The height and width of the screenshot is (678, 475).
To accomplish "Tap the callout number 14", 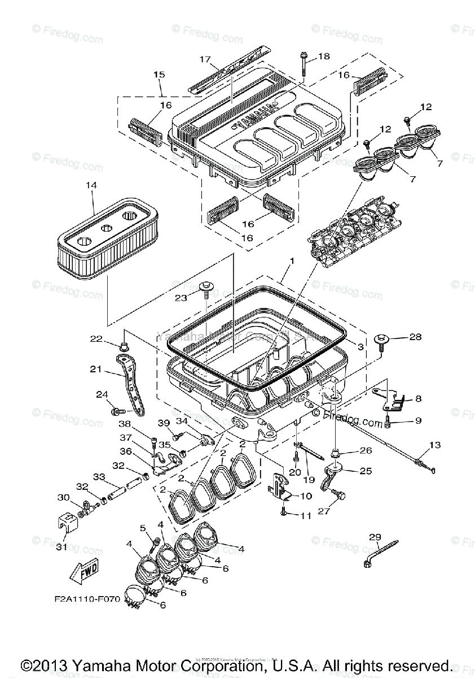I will pyautogui.click(x=91, y=185).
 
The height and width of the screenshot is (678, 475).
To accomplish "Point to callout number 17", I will pyautogui.click(x=204, y=59).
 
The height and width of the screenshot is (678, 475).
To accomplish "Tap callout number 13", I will pyautogui.click(x=434, y=445).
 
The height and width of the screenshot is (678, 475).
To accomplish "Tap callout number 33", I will pyautogui.click(x=99, y=477).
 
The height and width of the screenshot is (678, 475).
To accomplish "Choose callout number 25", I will pyautogui.click(x=366, y=471).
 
